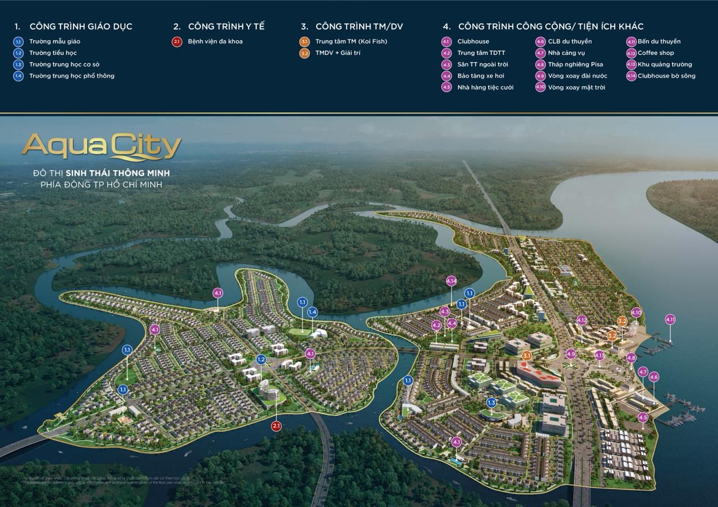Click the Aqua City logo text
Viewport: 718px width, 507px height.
point(102,146)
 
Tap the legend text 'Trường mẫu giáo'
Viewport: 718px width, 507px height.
point(54,42)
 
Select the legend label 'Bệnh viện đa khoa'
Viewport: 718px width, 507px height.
point(215,42)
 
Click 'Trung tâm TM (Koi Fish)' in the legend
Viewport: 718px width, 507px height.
point(351,42)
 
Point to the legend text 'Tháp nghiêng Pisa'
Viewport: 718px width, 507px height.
point(576,64)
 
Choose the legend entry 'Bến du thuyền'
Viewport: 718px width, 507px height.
point(659,42)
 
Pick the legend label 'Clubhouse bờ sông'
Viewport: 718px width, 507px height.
point(666,76)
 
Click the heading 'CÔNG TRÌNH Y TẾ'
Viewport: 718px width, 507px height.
point(226,26)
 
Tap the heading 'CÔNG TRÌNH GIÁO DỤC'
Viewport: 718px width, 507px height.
point(81,26)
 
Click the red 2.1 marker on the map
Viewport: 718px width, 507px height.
point(276,426)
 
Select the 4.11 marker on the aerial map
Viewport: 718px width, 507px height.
point(670,320)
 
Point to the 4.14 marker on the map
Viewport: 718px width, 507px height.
point(452,281)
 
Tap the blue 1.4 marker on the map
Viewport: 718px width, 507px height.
point(312,312)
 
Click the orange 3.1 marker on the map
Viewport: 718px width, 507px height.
point(526,356)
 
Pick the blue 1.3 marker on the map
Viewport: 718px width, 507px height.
point(491,402)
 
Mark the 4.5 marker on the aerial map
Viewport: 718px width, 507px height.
point(643,417)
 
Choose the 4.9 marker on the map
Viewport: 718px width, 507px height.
point(571,354)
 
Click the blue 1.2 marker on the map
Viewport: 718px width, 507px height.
point(261,359)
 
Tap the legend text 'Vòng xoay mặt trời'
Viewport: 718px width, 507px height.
point(576,87)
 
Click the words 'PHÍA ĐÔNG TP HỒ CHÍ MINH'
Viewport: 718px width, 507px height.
point(102,185)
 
